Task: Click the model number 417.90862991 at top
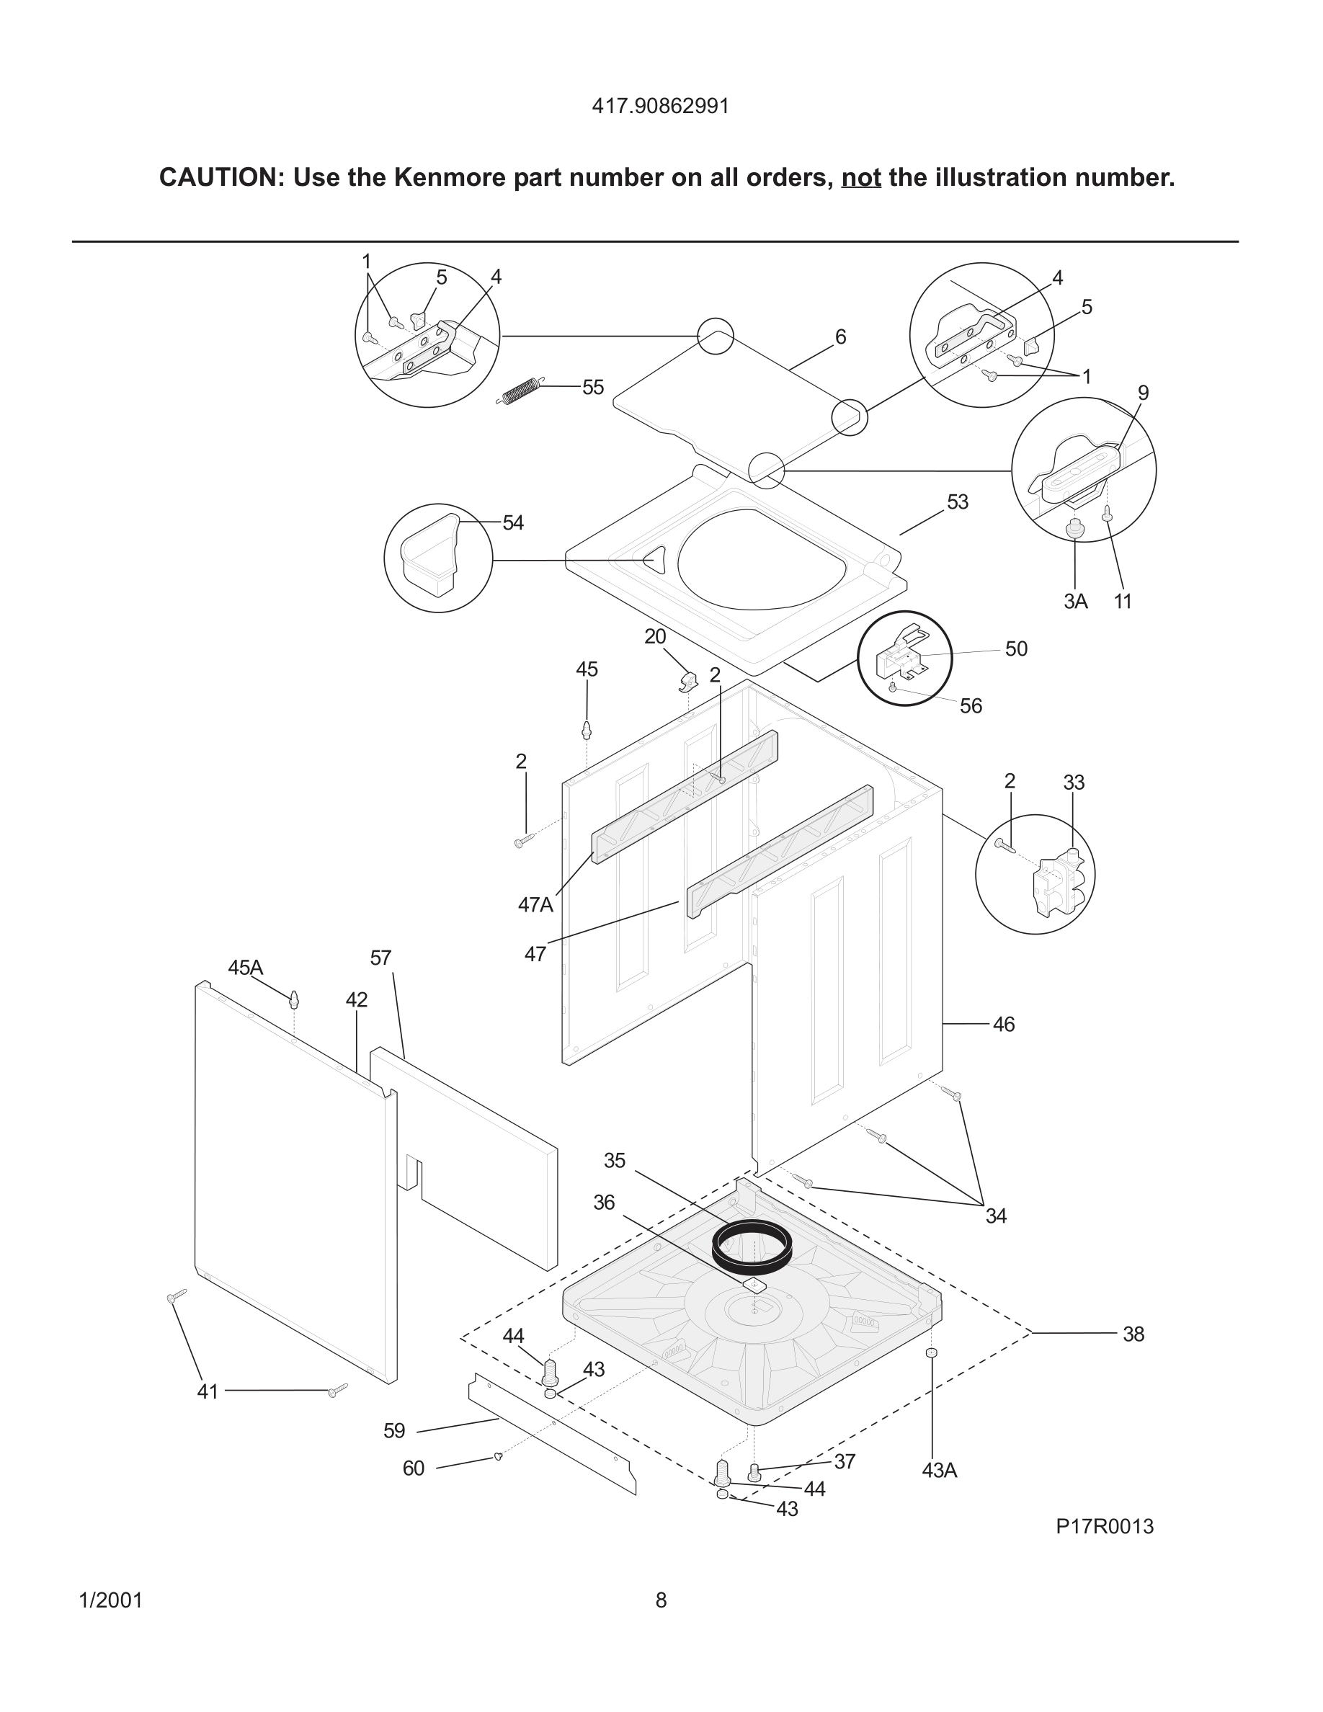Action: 660,107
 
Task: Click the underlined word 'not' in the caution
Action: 860,178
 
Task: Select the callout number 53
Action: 957,501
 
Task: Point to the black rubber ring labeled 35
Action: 751,1247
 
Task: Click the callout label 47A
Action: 535,904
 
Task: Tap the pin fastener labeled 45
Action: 587,730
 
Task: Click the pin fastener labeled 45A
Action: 294,999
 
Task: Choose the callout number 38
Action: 1133,1334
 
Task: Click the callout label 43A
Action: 939,1471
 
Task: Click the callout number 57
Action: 380,958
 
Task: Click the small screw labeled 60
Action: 498,1456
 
